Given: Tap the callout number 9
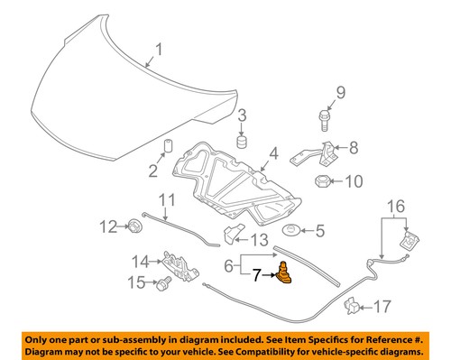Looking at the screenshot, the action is pyautogui.click(x=341, y=93).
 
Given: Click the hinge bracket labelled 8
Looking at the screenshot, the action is pyautogui.click(x=321, y=155).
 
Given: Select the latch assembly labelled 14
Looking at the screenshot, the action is pyautogui.click(x=177, y=263).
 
